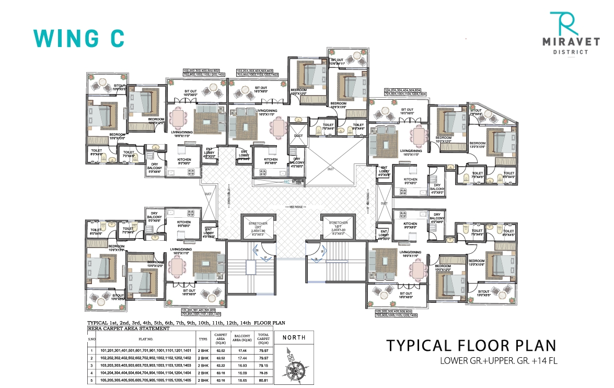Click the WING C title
point(79,38)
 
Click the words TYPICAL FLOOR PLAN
point(470,345)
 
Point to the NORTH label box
point(294,337)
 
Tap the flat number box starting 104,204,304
point(406,93)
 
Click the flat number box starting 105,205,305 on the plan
point(396,314)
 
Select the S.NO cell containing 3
point(91,366)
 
